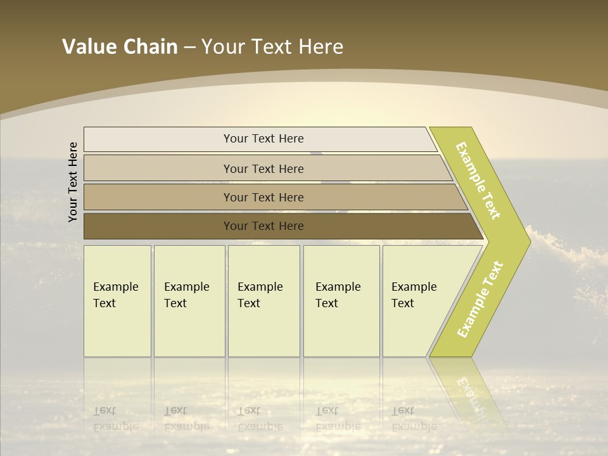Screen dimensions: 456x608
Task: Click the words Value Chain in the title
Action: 120,47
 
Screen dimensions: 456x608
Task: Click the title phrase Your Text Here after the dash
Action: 272,47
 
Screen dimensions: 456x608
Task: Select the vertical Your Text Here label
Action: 73,182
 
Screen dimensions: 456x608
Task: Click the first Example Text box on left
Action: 117,301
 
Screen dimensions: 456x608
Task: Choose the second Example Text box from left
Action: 189,301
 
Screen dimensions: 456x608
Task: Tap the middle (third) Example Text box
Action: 263,301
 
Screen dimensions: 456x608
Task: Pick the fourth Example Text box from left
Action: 341,301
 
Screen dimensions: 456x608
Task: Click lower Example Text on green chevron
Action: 480,299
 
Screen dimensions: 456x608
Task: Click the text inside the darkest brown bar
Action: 263,226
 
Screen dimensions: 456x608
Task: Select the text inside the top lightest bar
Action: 263,139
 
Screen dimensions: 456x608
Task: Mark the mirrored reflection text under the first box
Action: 115,419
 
